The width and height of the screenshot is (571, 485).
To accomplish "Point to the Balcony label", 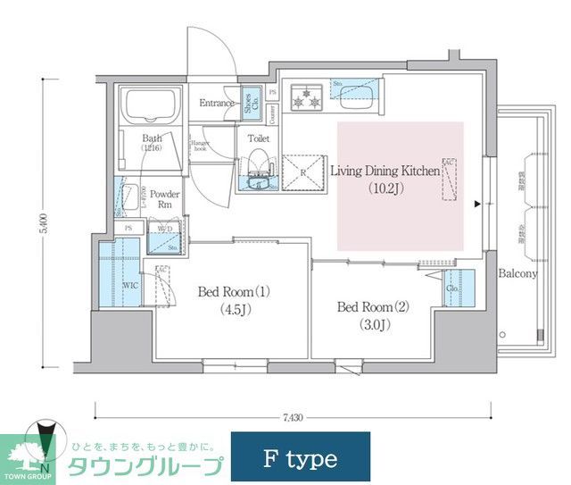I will [x=517, y=273].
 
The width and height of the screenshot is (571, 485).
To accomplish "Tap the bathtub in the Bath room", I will [x=151, y=107].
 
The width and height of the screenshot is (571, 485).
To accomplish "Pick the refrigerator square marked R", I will [x=301, y=172].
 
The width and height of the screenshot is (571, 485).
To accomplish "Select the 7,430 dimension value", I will [x=293, y=418].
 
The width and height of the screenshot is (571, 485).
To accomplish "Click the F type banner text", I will [x=301, y=459].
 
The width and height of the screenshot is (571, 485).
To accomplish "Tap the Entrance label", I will [x=217, y=103].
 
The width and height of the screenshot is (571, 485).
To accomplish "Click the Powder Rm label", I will [x=164, y=198].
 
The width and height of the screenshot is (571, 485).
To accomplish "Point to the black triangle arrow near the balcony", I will [x=478, y=204].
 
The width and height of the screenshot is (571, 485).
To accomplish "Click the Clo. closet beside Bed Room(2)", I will [x=453, y=288].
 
